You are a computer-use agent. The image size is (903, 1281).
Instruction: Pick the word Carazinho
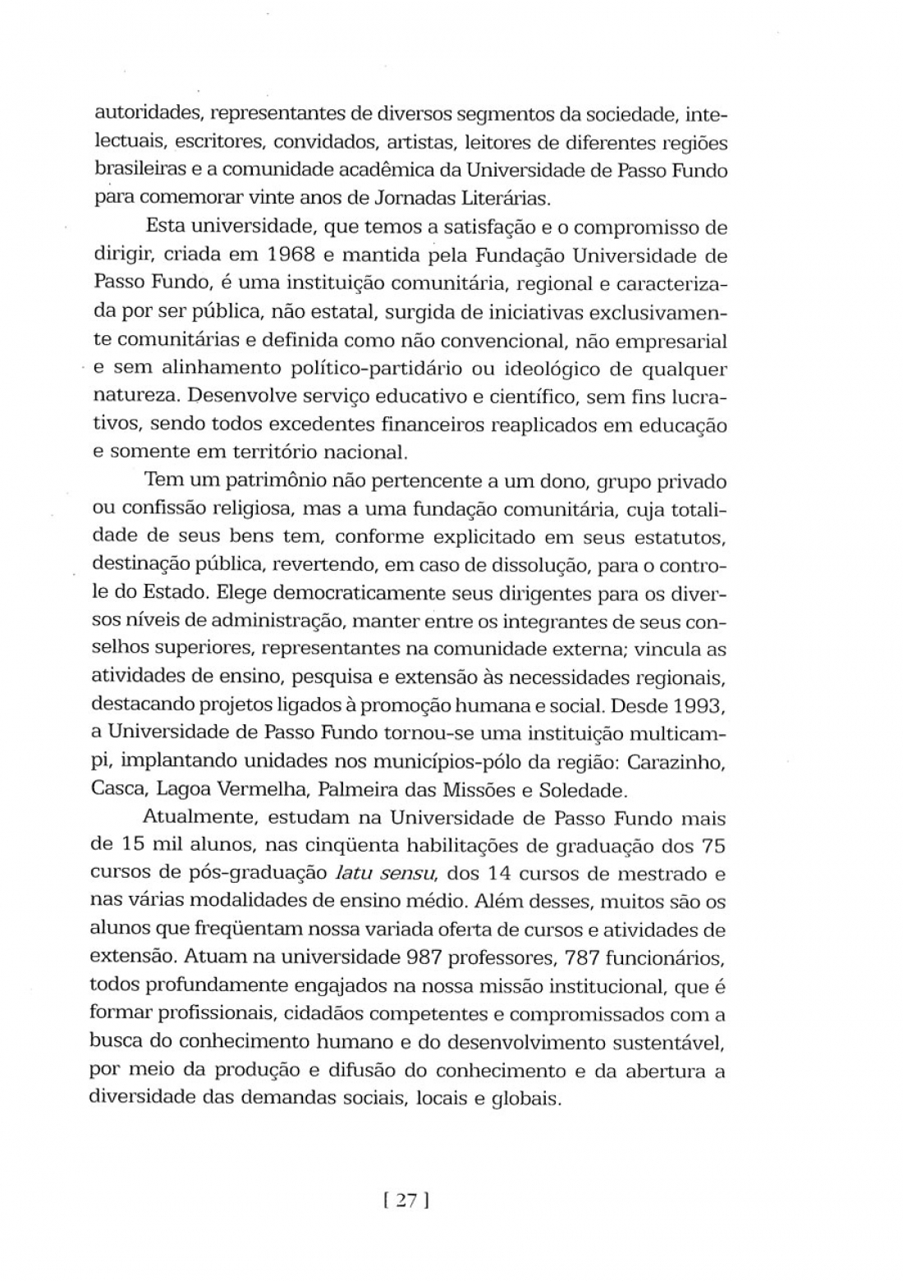[677, 761]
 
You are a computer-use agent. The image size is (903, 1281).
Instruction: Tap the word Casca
[117, 790]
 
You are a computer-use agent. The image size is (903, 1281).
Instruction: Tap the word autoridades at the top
[140, 114]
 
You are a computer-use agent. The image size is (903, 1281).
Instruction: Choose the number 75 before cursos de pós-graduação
[712, 845]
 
